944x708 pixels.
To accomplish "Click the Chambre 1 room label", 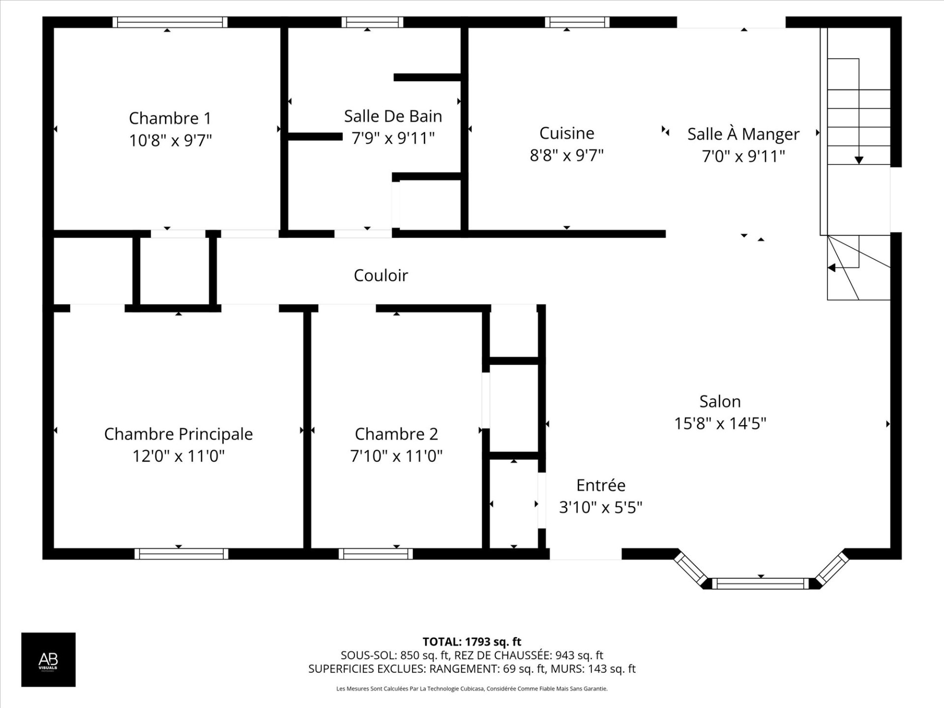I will coord(170,118).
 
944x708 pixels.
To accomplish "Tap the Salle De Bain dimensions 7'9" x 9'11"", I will coord(393,138).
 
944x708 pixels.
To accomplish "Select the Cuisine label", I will coord(566,133).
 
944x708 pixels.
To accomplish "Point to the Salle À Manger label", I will coord(743,134).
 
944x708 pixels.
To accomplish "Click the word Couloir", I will coord(381,275).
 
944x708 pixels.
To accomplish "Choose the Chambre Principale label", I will coord(178,434).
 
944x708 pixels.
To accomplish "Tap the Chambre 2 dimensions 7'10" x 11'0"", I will coord(396,456).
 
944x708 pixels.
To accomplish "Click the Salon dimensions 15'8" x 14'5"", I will coord(720,423).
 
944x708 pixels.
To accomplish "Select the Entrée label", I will coord(601,485).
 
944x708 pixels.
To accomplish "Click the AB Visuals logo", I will coord(48,659).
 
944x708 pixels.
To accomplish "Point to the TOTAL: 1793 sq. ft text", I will coord(472,642).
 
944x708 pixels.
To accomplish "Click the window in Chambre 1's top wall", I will coord(170,22).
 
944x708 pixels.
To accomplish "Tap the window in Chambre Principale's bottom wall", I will coord(181,554).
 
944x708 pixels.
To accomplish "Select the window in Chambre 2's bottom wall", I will coord(376,554).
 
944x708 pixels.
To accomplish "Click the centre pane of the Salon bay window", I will coord(761,584).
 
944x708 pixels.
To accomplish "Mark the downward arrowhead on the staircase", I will coord(858,160).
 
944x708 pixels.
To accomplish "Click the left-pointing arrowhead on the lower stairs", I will coord(831,268).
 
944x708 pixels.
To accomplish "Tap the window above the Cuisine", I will coord(577,22).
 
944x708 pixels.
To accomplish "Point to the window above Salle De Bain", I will coord(372,22).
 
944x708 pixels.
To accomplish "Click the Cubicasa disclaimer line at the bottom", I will coord(472,689).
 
